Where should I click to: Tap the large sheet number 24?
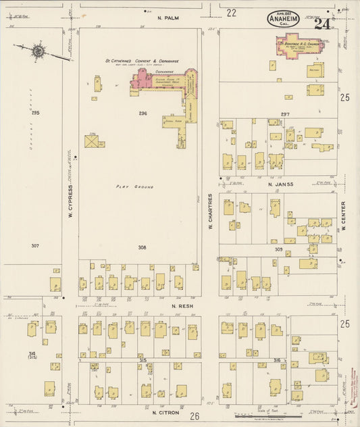pos(322,24)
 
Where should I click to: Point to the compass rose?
pos(39,51)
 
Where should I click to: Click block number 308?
pos(142,247)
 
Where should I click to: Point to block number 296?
pos(143,112)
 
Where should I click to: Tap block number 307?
pos(34,245)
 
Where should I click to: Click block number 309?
pos(278,249)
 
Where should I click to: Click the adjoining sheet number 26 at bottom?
pos(195,416)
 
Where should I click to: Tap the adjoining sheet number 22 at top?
pos(231,13)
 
